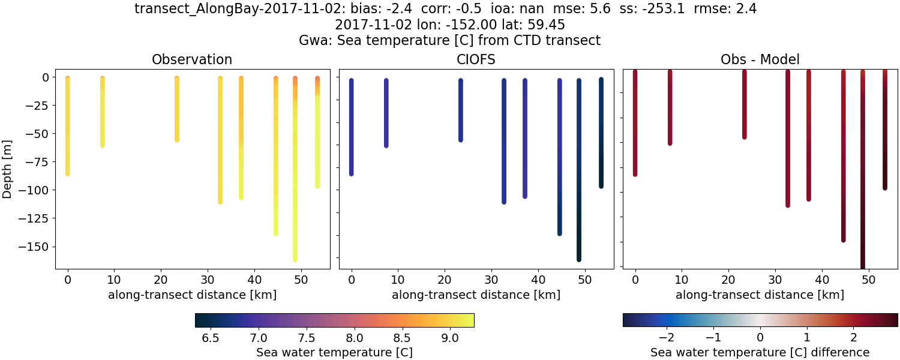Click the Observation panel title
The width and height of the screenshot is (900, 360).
[x=192, y=59]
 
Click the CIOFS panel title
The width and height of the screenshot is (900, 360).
[x=476, y=59]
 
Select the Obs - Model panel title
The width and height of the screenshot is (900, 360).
[x=760, y=59]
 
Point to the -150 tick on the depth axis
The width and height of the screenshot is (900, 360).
[x=37, y=247]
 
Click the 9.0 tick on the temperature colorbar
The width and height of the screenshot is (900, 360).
[x=450, y=338]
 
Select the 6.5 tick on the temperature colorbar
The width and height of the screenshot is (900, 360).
[x=210, y=338]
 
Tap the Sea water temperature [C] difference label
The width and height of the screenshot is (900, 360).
[x=760, y=352]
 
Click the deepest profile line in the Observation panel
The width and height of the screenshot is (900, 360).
[x=295, y=180]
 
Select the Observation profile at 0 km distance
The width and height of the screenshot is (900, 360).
[x=68, y=126]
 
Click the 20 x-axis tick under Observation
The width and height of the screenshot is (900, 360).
[x=160, y=279]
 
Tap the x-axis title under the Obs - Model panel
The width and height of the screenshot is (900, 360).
[x=760, y=295]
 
